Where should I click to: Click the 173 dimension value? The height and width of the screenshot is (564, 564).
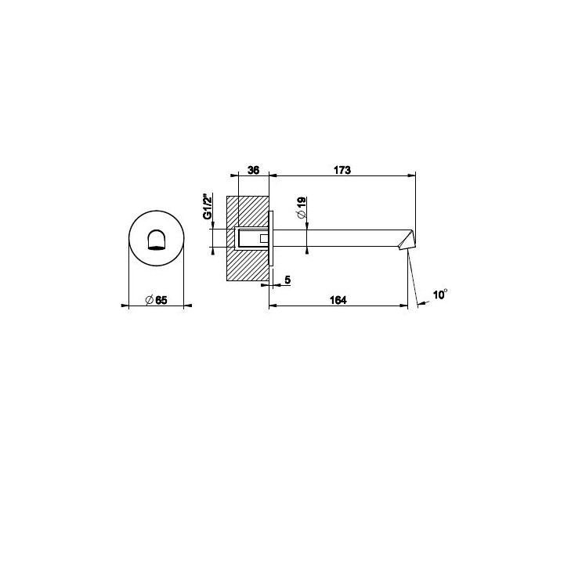342,170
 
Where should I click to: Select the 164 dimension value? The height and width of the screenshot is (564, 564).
338,299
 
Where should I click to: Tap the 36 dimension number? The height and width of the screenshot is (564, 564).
253,170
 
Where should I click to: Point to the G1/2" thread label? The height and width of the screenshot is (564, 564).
207,206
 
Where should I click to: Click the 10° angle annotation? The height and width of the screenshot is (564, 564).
440,295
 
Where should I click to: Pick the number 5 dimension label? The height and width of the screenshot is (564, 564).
287,280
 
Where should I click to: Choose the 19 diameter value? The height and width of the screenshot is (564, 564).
302,201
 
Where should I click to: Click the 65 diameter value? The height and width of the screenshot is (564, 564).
161,299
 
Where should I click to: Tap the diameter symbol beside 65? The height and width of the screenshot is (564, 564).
150,299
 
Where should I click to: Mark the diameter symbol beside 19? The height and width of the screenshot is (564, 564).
302,215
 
